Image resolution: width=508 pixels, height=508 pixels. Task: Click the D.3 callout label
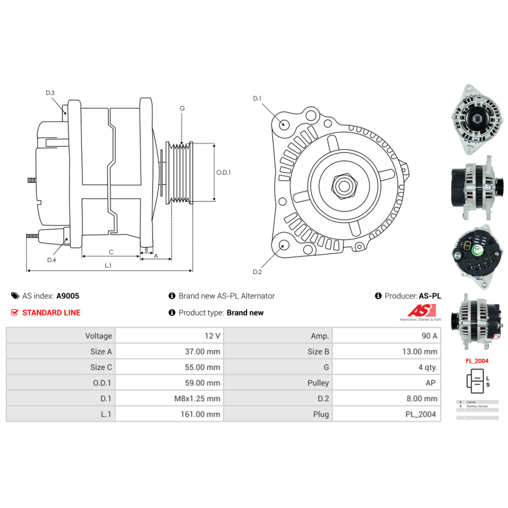coord(50,93)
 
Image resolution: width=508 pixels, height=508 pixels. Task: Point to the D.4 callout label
coord(51,259)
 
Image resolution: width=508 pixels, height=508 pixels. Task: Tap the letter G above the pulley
coord(182,109)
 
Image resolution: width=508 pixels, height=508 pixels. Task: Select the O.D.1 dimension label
coord(224,172)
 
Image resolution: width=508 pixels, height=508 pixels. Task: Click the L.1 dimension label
coord(109,265)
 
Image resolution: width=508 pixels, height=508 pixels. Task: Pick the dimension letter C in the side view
coord(110,251)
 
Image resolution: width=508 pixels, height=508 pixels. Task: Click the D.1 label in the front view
coord(257,98)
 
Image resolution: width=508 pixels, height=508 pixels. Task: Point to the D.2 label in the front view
coord(257,272)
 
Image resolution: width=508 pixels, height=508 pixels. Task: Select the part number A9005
coord(68,296)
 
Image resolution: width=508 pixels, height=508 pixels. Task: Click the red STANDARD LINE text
coord(51,312)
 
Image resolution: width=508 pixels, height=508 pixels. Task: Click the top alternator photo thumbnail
coord(477,119)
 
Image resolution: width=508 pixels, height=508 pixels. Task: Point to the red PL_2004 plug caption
coord(477,361)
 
